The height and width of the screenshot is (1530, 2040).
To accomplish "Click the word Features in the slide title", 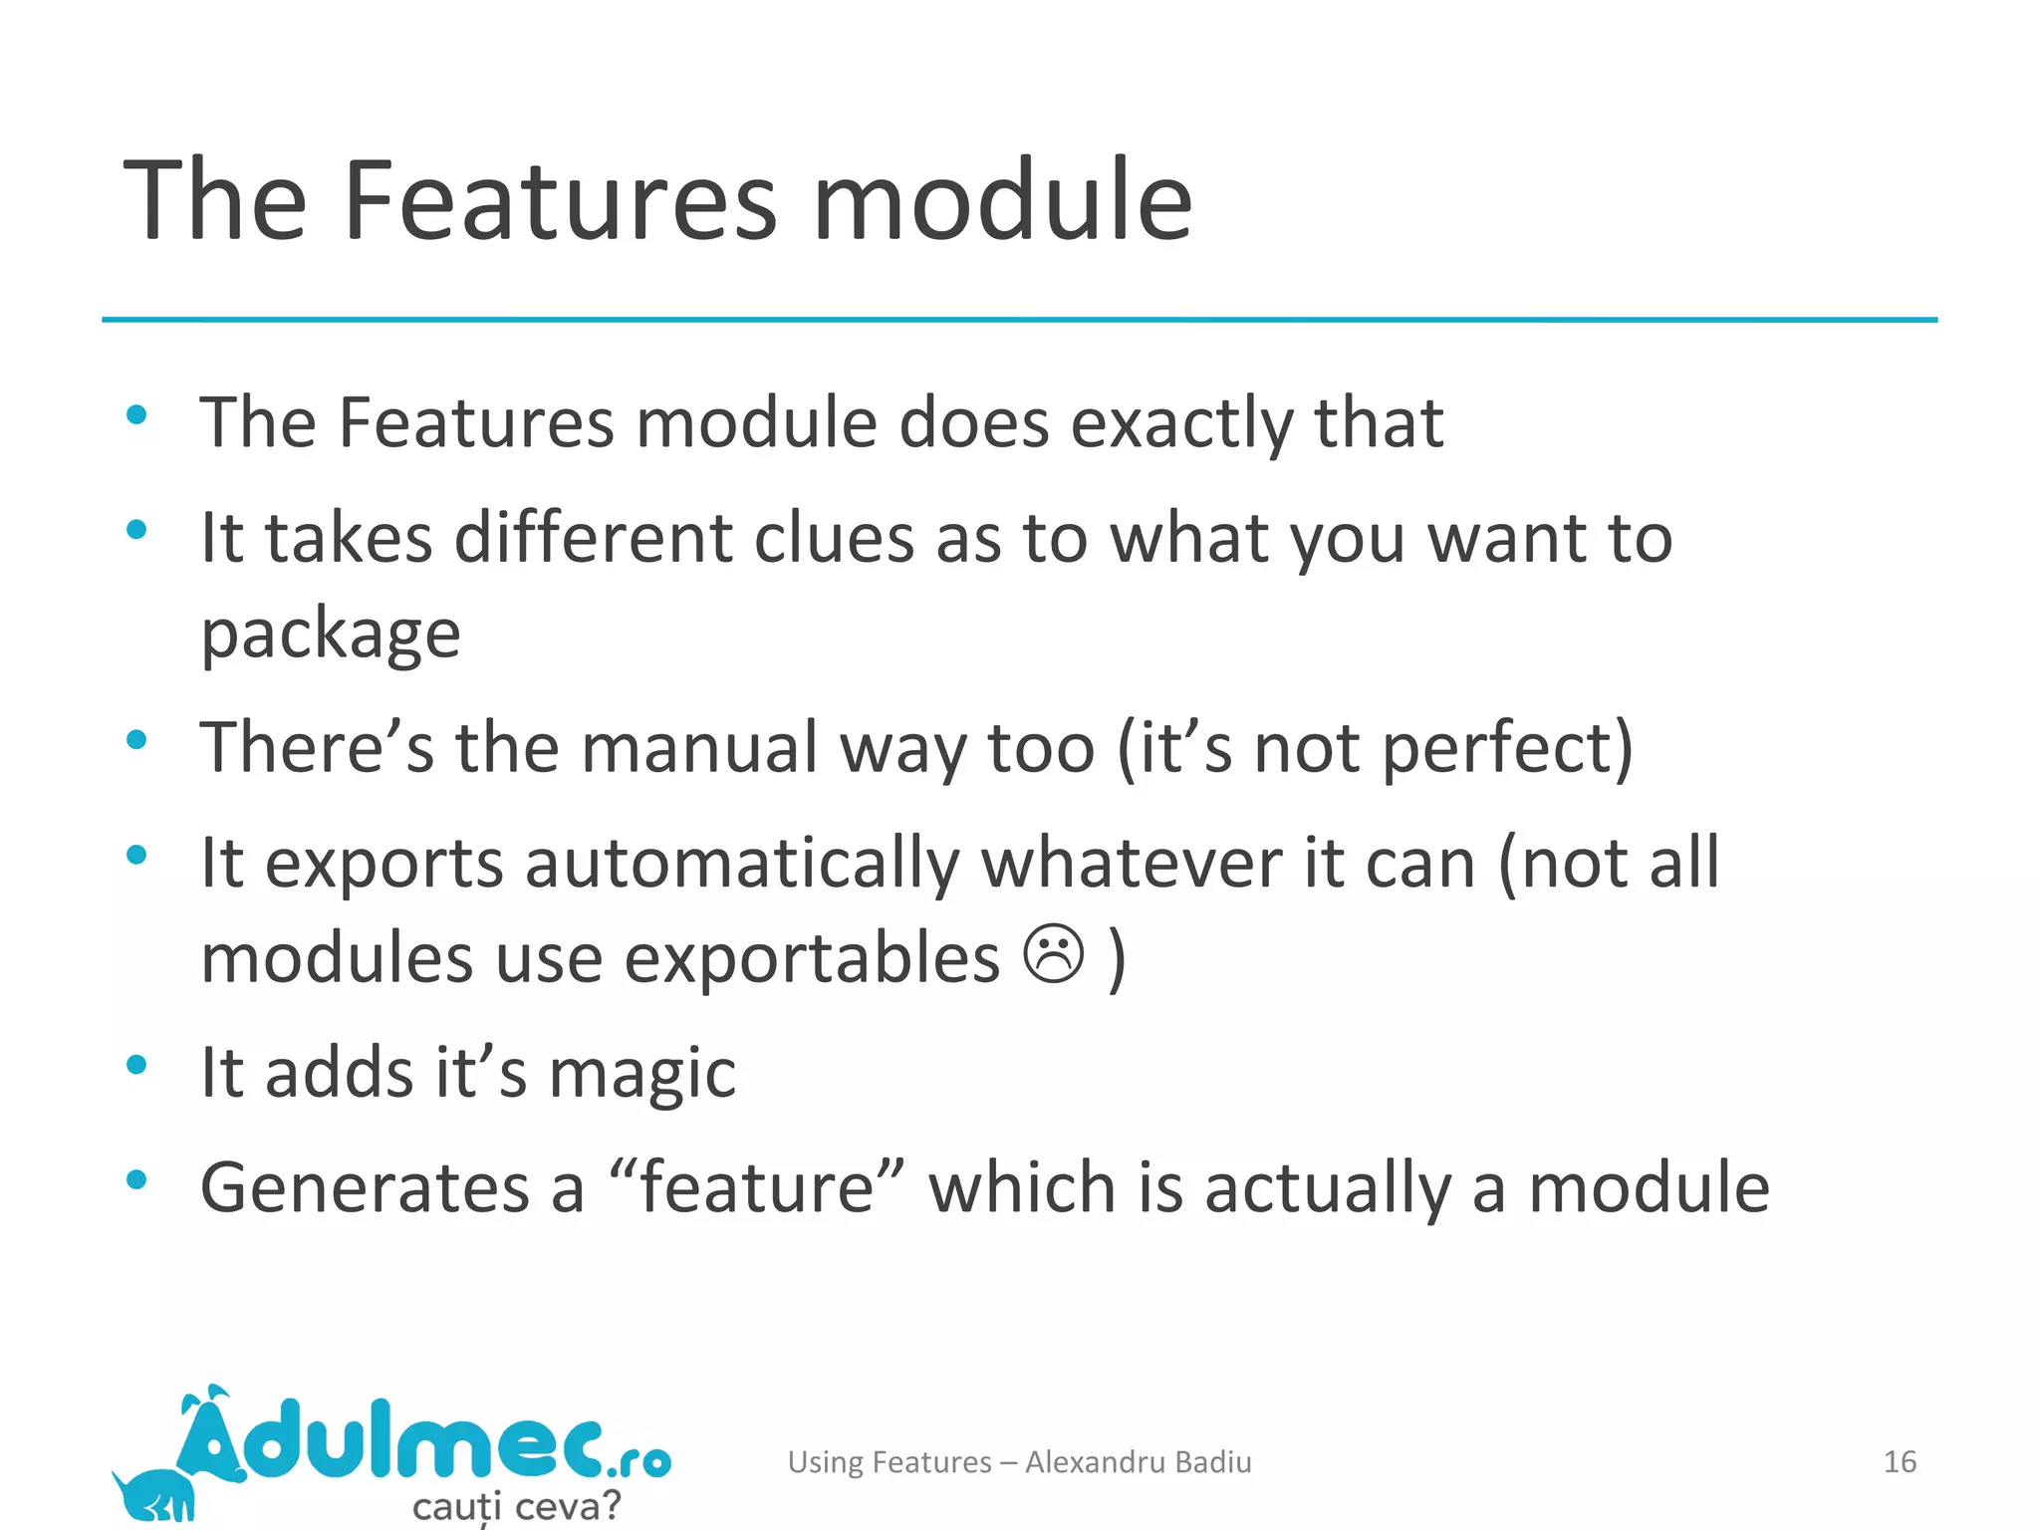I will pyautogui.click(x=559, y=201).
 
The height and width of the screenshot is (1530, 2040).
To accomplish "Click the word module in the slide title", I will pyautogui.click(x=1002, y=201).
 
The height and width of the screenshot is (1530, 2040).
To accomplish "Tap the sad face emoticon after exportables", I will pyautogui.click(x=1053, y=954).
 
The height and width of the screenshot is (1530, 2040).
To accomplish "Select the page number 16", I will pyautogui.click(x=1900, y=1461).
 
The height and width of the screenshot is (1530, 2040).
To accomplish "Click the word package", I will pyautogui.click(x=331, y=635).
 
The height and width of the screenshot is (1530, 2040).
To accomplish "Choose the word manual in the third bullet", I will pyautogui.click(x=699, y=748).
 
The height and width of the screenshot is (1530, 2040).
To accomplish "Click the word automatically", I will pyautogui.click(x=741, y=863).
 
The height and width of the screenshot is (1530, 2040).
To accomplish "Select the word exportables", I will pyautogui.click(x=812, y=958).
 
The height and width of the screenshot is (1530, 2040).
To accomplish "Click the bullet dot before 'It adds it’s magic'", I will pyautogui.click(x=137, y=1065).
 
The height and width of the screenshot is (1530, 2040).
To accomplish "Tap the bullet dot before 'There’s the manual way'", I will pyautogui.click(x=137, y=739).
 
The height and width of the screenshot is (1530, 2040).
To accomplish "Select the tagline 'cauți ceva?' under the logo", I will pyautogui.click(x=516, y=1505).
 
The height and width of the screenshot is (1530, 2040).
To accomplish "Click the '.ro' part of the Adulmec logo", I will pyautogui.click(x=638, y=1460).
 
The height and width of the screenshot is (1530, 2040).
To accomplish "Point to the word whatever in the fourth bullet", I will pyautogui.click(x=1132, y=863).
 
